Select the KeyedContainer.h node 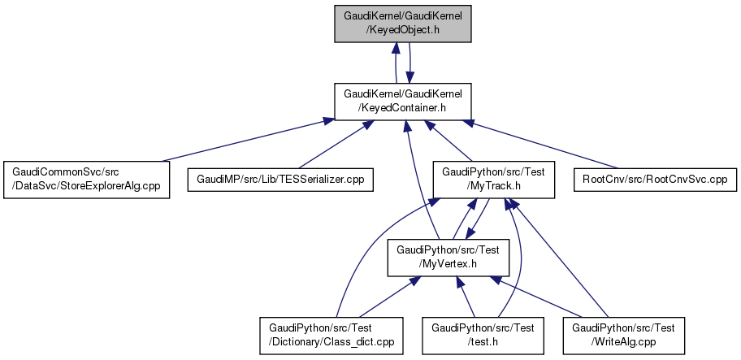404,101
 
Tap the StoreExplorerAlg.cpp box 85,179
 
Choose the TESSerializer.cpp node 280,179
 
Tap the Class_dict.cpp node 331,335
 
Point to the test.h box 483,335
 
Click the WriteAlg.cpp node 624,335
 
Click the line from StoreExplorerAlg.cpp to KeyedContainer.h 244,140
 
